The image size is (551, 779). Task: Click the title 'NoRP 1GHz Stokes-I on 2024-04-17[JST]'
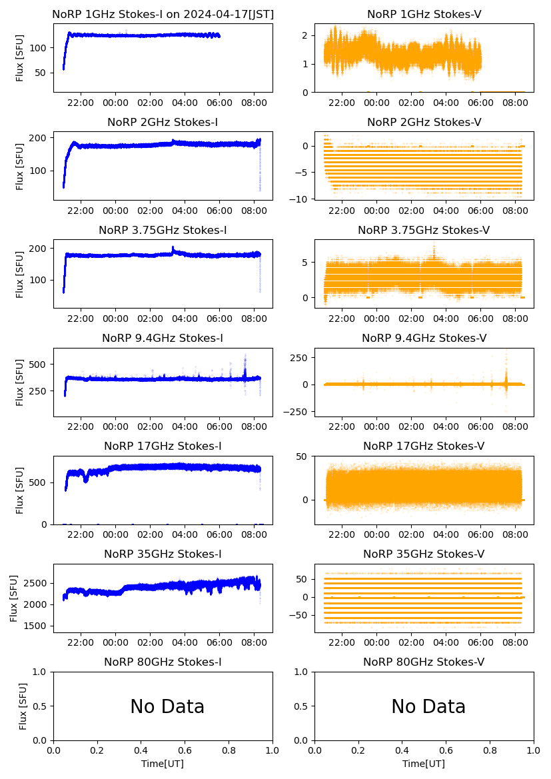tap(163, 14)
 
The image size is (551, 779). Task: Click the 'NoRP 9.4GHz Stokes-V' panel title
tap(424, 339)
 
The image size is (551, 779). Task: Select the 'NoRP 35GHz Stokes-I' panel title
tap(163, 554)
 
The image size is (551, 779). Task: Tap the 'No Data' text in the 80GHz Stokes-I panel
tap(167, 706)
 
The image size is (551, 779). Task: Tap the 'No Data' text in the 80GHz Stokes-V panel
tap(428, 706)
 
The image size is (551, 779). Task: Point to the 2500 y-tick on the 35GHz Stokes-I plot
tap(37, 583)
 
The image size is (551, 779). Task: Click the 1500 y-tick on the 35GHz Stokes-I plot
tap(37, 626)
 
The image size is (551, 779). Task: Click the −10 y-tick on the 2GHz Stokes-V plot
tap(301, 199)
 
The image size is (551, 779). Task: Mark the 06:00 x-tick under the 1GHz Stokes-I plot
tap(220, 103)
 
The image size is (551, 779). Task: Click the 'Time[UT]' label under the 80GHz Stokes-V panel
tap(424, 764)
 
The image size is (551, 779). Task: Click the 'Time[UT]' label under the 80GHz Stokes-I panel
tap(163, 764)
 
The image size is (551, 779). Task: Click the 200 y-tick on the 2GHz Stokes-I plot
tap(40, 138)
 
